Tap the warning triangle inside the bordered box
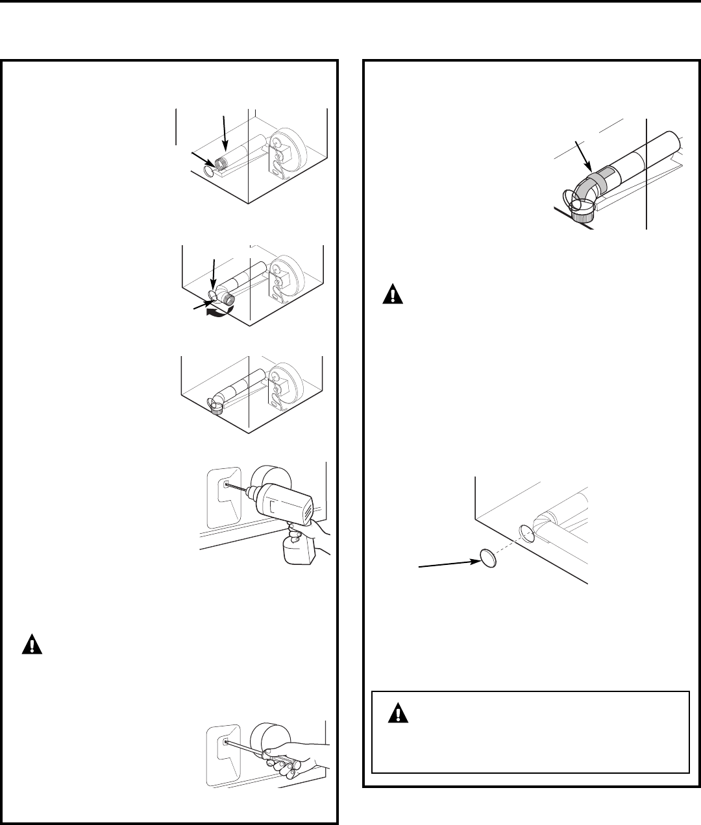395,715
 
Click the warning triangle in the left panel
31,645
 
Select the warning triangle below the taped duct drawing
393,295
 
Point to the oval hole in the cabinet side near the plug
527,533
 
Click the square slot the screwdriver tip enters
225,740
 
